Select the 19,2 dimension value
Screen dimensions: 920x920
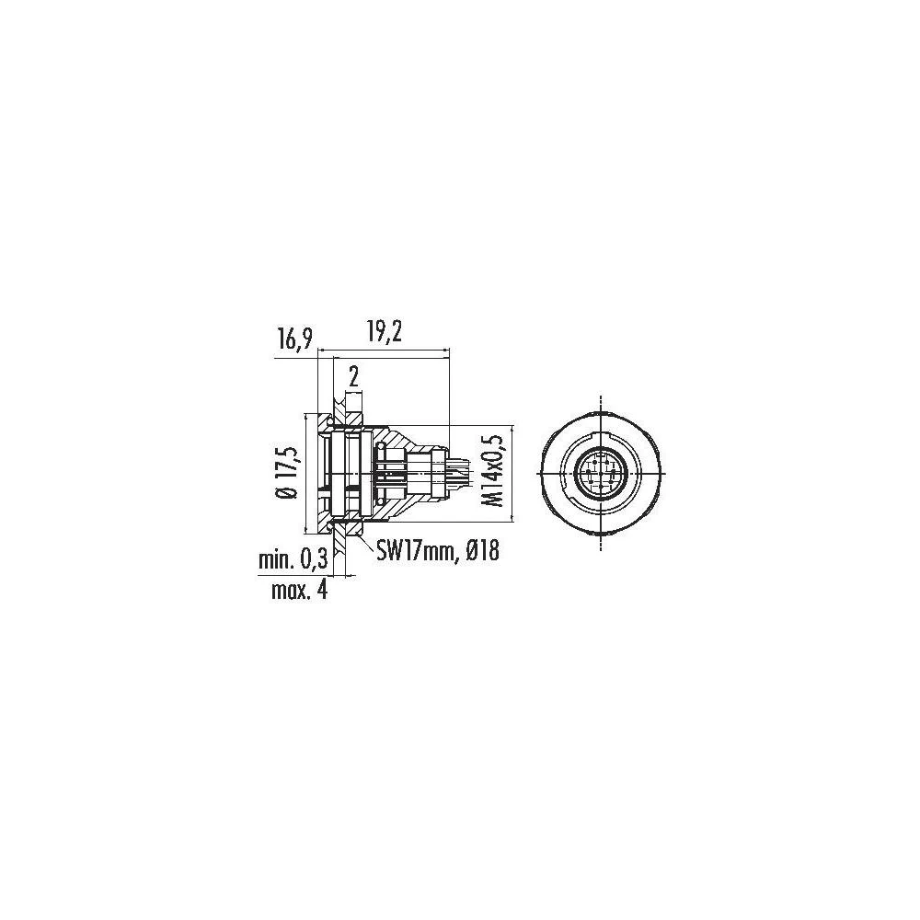click(382, 333)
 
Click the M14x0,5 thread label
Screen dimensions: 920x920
click(496, 473)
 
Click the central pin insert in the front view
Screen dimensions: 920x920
click(600, 474)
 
